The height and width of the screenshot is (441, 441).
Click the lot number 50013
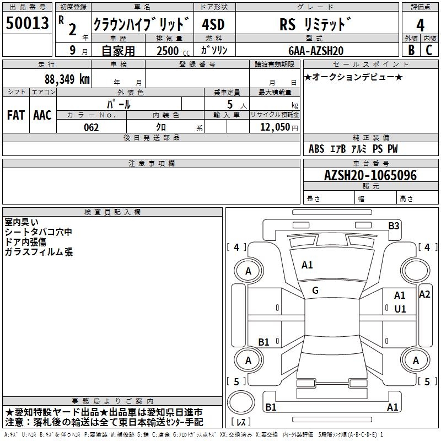pos(27,24)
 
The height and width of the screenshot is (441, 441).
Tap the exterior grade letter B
pos(411,50)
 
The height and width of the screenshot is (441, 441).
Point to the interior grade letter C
pos(429,50)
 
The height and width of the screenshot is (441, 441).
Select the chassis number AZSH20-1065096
pos(370,175)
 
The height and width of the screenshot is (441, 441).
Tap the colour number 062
pos(91,127)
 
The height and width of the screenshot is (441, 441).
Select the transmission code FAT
pos(15,115)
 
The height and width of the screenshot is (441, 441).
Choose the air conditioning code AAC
pos(42,115)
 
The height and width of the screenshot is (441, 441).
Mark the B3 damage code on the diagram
pos(393,225)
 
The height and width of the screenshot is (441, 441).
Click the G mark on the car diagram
pos(315,291)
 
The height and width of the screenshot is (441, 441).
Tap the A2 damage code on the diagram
pos(424,294)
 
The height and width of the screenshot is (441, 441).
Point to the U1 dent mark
pos(400,309)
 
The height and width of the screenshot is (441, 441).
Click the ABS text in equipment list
pos(316,149)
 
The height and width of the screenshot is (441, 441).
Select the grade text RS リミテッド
pos(315,25)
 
